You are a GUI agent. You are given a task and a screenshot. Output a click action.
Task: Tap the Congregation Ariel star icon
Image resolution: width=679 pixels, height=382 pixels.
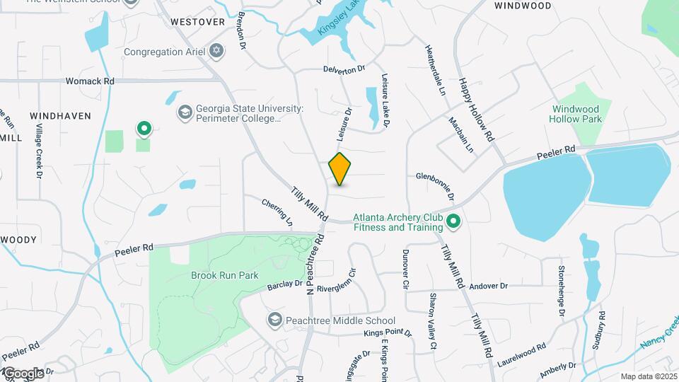(216, 51)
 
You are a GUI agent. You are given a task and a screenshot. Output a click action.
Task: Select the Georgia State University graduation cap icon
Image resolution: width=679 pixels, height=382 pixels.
(185, 112)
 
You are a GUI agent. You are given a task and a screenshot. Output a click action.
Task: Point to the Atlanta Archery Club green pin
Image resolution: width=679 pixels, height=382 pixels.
(453, 222)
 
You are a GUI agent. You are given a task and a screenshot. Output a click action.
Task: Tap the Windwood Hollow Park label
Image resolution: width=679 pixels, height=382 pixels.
(575, 114)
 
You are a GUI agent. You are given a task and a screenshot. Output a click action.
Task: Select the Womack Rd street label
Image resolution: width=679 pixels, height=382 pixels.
(90, 81)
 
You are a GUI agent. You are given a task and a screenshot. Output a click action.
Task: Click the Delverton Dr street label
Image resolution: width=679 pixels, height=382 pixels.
(343, 69)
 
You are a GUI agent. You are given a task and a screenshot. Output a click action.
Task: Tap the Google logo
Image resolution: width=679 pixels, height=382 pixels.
(23, 373)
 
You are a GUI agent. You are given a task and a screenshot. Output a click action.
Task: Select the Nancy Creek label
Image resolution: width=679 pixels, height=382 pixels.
(658, 333)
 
